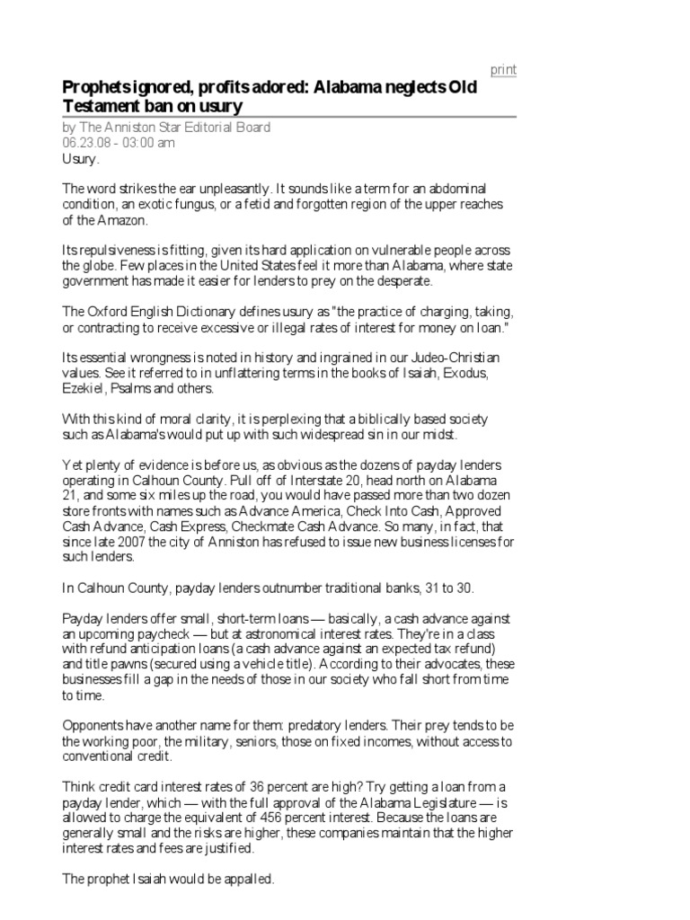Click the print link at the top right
point(502,70)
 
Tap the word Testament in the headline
point(94,106)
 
